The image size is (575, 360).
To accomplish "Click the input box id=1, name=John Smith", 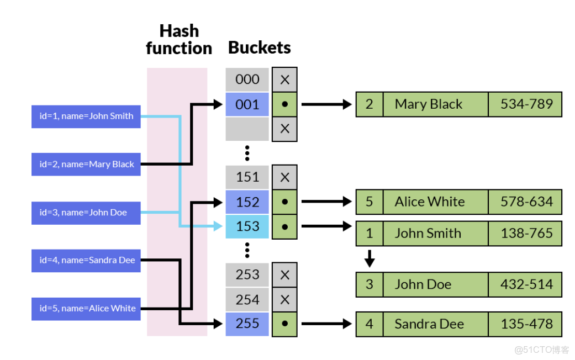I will (86, 116).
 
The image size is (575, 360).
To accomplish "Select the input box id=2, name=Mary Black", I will (86, 164).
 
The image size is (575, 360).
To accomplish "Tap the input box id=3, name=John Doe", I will (86, 213).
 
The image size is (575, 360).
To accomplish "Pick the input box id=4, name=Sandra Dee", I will (86, 260).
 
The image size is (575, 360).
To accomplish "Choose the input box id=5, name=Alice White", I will (86, 308).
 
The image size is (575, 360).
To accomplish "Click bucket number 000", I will (247, 80).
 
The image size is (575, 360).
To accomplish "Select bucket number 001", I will (247, 104).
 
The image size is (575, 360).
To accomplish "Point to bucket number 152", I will (247, 202).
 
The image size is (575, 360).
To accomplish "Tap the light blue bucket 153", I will (247, 226).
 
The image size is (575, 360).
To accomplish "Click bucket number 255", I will (247, 324).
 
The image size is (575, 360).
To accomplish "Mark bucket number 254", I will (247, 300).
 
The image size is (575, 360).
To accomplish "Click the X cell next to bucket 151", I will (285, 177).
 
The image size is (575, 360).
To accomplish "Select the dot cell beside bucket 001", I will (285, 104).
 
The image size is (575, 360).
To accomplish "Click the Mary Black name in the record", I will (429, 104).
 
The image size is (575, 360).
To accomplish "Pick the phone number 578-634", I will (526, 202).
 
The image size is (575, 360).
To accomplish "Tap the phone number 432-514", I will (526, 284).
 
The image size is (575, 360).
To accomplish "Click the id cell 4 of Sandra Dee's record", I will (369, 324).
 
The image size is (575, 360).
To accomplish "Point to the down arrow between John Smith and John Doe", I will (370, 258).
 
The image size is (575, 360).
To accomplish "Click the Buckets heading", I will (260, 48).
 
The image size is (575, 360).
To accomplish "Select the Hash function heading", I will (178, 39).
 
